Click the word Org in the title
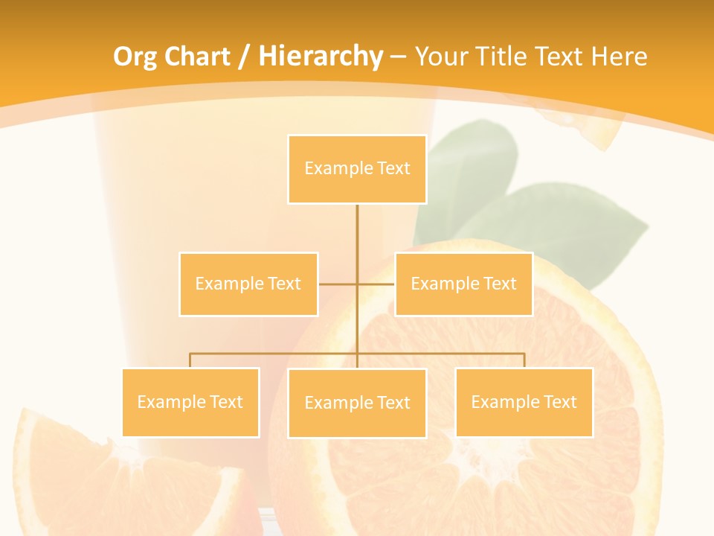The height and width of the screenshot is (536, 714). point(135,57)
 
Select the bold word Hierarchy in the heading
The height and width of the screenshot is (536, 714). point(321,57)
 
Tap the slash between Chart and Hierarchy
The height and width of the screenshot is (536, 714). point(244,57)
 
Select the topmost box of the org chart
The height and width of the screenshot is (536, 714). point(357,169)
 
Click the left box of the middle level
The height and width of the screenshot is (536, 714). point(248,284)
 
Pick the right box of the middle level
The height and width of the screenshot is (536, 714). point(463,284)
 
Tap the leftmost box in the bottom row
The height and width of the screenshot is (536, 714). point(190,402)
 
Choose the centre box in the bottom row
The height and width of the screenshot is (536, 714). point(357,403)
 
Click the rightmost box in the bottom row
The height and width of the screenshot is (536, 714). point(524,402)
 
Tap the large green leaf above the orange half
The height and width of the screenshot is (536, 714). point(565,223)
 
